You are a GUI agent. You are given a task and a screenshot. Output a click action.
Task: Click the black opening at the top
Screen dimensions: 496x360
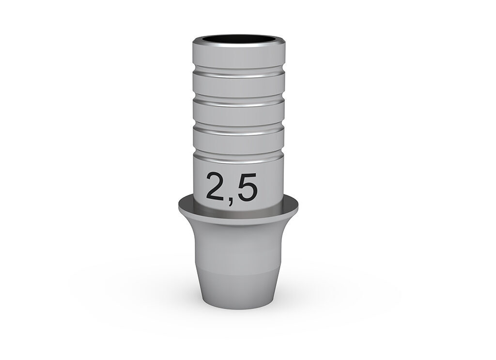[239, 39]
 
